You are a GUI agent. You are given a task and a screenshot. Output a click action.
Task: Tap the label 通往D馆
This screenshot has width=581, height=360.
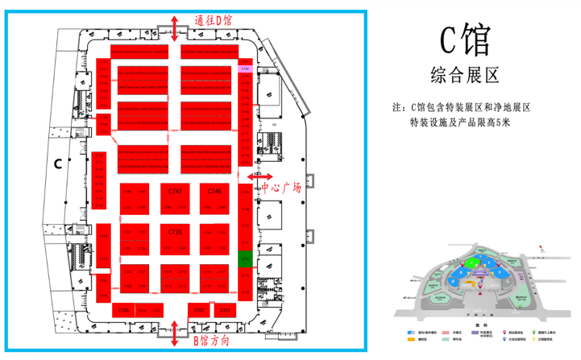coord(214,20)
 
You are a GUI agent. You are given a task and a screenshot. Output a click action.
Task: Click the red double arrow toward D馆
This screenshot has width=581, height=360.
coord(176,27)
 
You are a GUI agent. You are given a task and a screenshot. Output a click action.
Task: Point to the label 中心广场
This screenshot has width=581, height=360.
coord(281,188)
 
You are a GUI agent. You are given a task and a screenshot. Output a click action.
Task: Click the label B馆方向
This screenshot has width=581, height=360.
coord(214,341)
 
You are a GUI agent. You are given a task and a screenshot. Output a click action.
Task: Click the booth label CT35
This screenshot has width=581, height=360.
coord(175,232)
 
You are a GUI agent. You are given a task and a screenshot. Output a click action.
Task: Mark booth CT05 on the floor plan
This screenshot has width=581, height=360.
coord(124,310)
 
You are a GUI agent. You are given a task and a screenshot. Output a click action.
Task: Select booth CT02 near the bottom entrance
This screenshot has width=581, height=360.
coord(200,310)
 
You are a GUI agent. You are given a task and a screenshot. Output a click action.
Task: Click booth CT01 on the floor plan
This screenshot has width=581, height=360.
coord(225,310)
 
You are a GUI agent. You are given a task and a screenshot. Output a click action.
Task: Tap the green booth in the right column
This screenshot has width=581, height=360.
coord(245,259)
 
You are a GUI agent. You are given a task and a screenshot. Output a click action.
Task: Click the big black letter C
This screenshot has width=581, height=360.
coord(58,163)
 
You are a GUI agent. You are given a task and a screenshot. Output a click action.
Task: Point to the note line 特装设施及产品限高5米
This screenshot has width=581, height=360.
coord(460,122)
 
